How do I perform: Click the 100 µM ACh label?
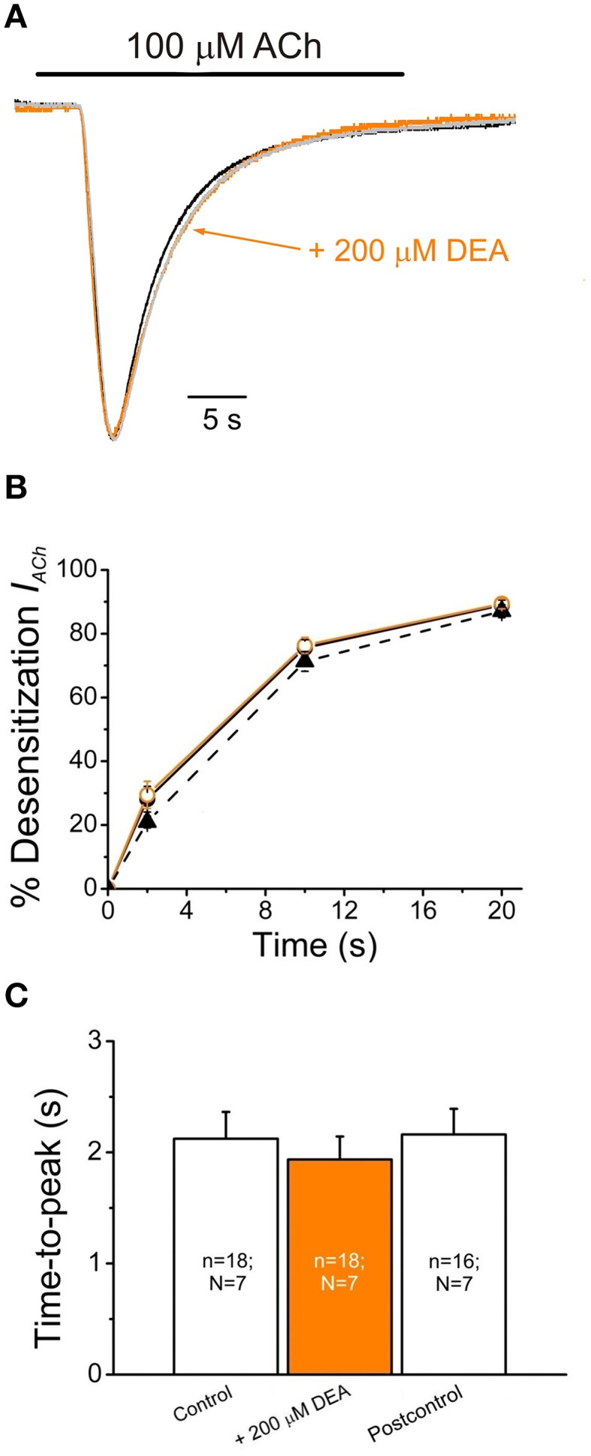click(x=223, y=47)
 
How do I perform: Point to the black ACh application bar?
click(x=220, y=74)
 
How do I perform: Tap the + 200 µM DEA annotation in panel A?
click(x=409, y=251)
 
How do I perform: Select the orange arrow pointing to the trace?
click(x=248, y=240)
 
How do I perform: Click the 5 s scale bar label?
click(x=222, y=420)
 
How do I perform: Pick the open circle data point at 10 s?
click(x=305, y=646)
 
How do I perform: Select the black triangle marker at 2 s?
click(x=148, y=820)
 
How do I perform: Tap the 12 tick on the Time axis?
click(x=344, y=910)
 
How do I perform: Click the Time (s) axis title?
click(x=314, y=943)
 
